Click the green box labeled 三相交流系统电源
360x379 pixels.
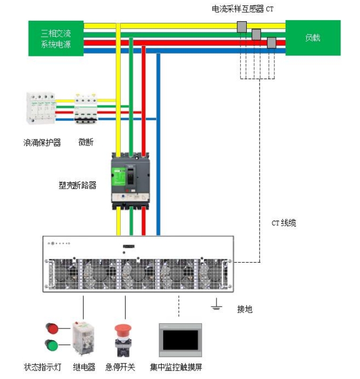coord(56,38)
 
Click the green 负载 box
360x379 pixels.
coord(313,38)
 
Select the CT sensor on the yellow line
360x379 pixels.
coord(242,27)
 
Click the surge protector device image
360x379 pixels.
coord(41,108)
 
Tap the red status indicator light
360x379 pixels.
coord(52,328)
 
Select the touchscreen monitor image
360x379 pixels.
coord(180,340)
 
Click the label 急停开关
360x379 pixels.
coord(120,367)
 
